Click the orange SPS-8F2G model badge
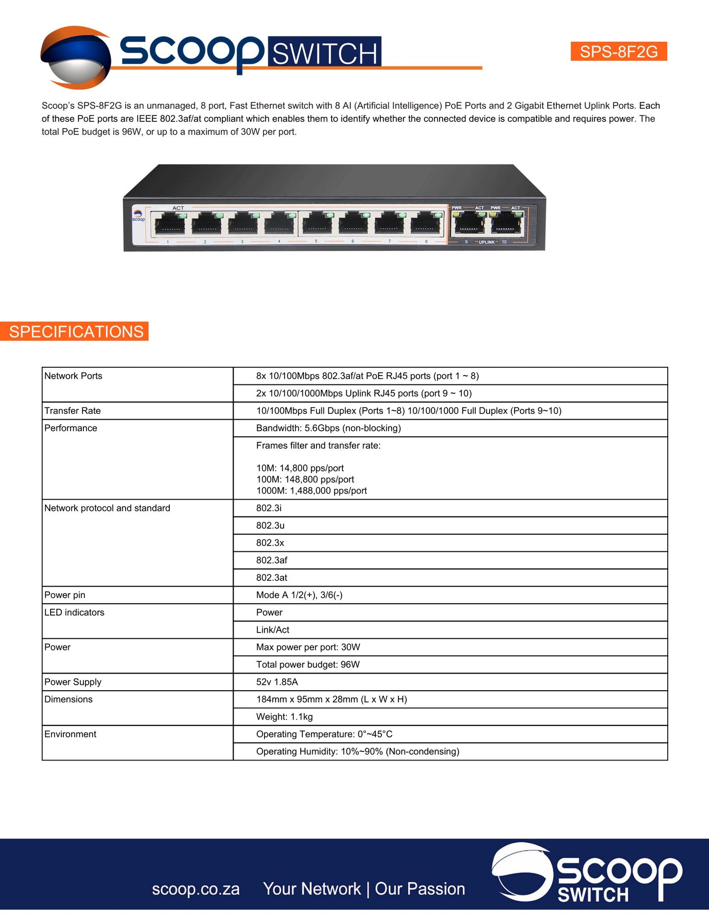(x=618, y=52)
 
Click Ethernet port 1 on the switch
(x=170, y=225)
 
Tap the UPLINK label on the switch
(x=486, y=243)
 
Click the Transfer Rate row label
(x=73, y=411)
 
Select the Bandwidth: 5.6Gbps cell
(x=328, y=428)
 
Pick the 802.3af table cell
(x=271, y=560)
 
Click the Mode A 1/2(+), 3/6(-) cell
(x=299, y=595)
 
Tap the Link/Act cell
(x=273, y=630)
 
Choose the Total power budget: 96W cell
(x=308, y=665)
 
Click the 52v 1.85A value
(x=277, y=682)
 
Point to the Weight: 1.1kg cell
(x=284, y=717)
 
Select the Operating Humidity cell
(x=357, y=752)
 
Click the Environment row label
(x=70, y=734)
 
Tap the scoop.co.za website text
(x=196, y=889)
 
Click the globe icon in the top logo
(x=76, y=58)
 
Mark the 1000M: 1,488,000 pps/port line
(x=311, y=491)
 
